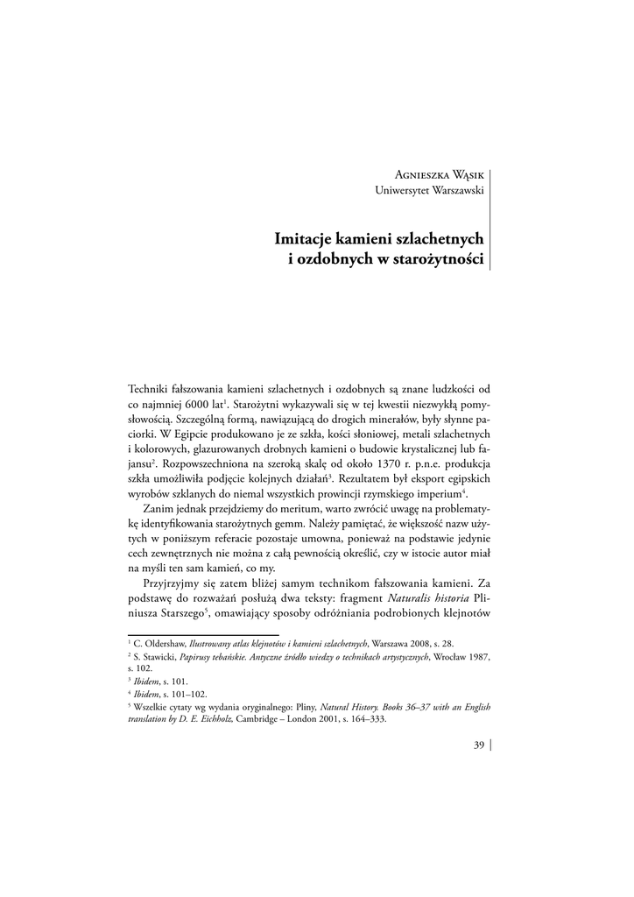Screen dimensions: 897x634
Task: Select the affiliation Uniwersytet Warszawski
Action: (431, 189)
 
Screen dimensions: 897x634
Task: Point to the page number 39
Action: (478, 745)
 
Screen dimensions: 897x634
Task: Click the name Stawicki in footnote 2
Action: (158, 655)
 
